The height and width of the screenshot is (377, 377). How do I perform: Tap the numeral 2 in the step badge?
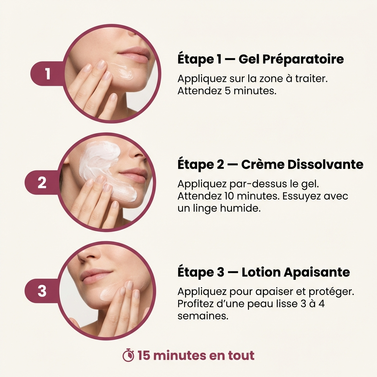click(x=42, y=183)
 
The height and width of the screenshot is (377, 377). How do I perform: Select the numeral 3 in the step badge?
click(x=42, y=291)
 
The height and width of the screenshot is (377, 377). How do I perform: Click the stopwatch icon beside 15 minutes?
click(x=128, y=355)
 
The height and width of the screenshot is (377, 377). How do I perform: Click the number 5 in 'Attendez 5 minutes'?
click(x=228, y=91)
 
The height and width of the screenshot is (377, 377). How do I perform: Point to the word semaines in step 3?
click(x=203, y=316)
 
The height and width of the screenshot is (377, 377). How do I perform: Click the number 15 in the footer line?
click(x=144, y=355)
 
